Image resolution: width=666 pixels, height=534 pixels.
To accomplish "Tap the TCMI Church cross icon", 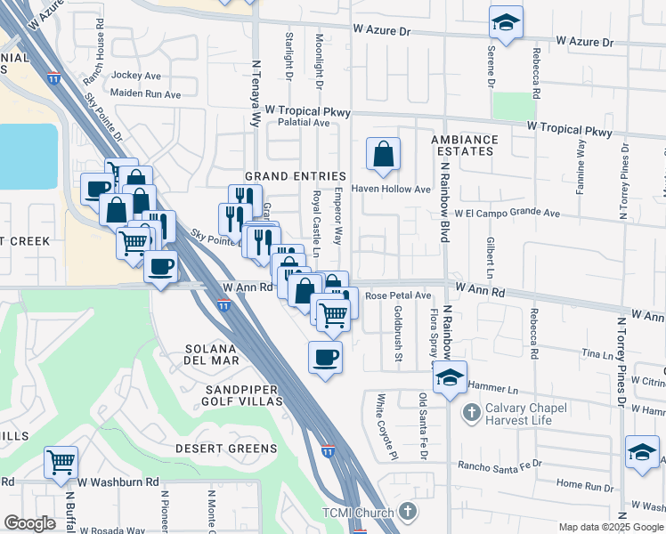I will tap(407, 512).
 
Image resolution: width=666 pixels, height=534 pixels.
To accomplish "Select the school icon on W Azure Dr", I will tap(506, 23).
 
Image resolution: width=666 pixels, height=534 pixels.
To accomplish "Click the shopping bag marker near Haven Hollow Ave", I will tap(382, 154).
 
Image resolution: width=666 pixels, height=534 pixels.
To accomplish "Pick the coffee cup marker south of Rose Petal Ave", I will tap(325, 358).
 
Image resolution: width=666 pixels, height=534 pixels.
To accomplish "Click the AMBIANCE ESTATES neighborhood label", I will tap(464, 145).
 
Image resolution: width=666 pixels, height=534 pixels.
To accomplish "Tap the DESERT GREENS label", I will tap(220, 448).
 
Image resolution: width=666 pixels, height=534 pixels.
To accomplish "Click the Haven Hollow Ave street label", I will tap(393, 189).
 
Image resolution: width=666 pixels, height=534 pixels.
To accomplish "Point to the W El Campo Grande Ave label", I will tap(507, 214).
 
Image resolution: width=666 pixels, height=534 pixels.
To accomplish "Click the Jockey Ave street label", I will tap(136, 77).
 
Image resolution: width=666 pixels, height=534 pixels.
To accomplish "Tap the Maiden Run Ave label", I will tap(146, 94).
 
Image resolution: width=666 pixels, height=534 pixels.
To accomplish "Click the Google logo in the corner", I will tap(29, 523).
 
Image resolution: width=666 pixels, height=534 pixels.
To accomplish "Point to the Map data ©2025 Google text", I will tap(610, 527).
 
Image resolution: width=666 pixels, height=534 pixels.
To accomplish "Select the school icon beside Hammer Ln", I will tap(450, 377).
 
